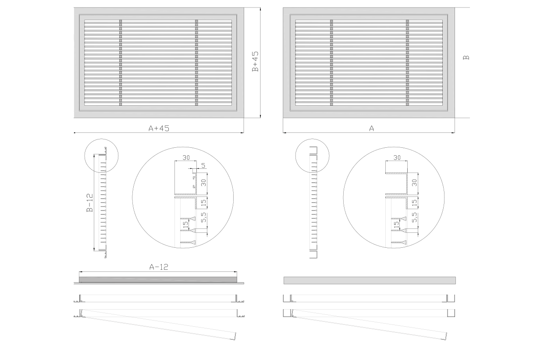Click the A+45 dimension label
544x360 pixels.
159,128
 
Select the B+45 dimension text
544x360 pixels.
255,62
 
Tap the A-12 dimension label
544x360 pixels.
159,267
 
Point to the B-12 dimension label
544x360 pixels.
90,203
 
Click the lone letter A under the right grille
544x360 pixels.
372,128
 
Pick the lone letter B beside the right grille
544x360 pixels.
466,57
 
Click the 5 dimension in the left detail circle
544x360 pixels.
203,165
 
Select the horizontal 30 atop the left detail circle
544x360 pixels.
186,158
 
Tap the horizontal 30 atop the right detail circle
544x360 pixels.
397,158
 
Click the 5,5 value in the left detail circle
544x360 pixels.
203,217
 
